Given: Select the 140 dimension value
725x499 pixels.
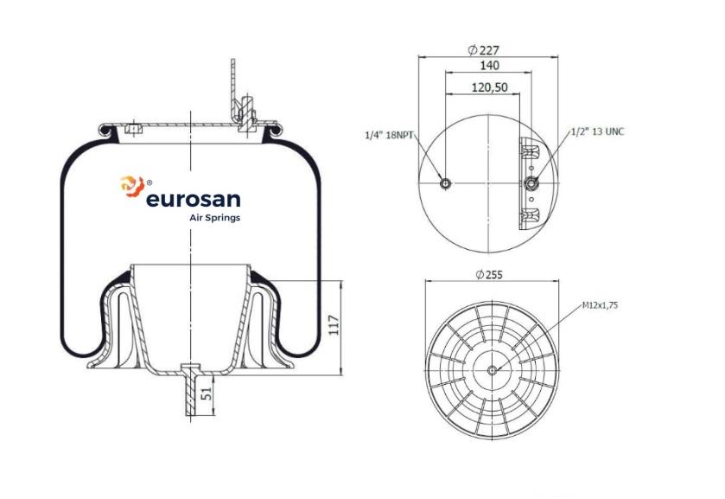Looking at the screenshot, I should coord(488,66).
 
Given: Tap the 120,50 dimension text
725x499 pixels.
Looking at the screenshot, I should coord(489,87).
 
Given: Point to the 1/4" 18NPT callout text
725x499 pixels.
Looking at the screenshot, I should coord(391,135).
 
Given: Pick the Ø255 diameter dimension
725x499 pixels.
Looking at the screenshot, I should coord(489,274).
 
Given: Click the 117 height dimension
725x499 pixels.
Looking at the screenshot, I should coord(334,327).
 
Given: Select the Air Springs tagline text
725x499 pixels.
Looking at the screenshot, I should coord(214,218).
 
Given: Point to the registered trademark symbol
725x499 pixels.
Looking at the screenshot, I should coord(149,182).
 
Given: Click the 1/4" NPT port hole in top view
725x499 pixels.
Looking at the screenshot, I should coord(446,183).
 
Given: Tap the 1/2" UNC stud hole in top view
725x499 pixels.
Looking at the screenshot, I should coord(531,183).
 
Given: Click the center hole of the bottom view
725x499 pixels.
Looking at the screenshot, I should coord(492,370).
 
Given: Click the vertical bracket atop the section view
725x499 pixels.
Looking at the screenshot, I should coord(233,86).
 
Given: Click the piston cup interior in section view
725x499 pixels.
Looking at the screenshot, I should coord(189,311).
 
